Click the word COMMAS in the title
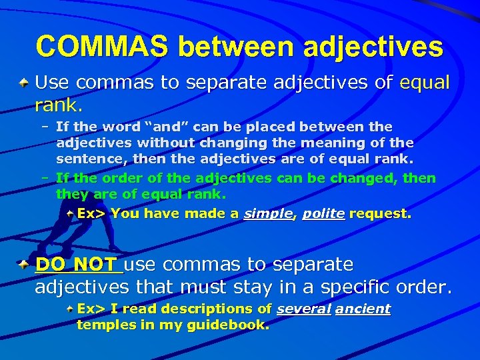[x=101, y=47]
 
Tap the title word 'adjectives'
[x=373, y=47]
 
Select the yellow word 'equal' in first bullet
[x=425, y=83]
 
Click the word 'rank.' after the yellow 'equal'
[x=59, y=105]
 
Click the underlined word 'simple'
[x=268, y=213]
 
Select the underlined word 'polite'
[x=323, y=213]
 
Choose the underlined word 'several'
[x=303, y=309]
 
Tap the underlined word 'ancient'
[x=363, y=309]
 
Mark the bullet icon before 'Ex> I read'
[x=70, y=309]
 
